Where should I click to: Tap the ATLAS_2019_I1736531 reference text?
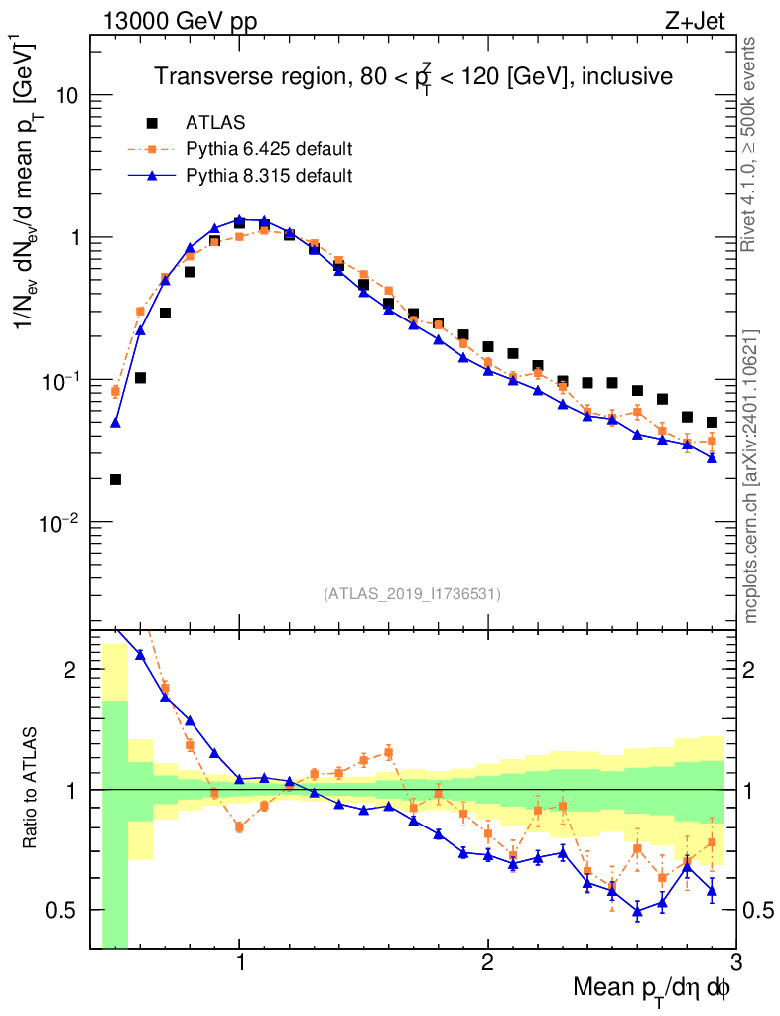pyautogui.click(x=412, y=594)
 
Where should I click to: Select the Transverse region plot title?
pyautogui.click(x=413, y=75)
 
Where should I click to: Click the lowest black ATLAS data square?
pyautogui.click(x=115, y=480)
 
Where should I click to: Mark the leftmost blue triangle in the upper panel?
pyautogui.click(x=115, y=423)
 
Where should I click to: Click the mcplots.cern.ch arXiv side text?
pyautogui.click(x=751, y=476)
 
